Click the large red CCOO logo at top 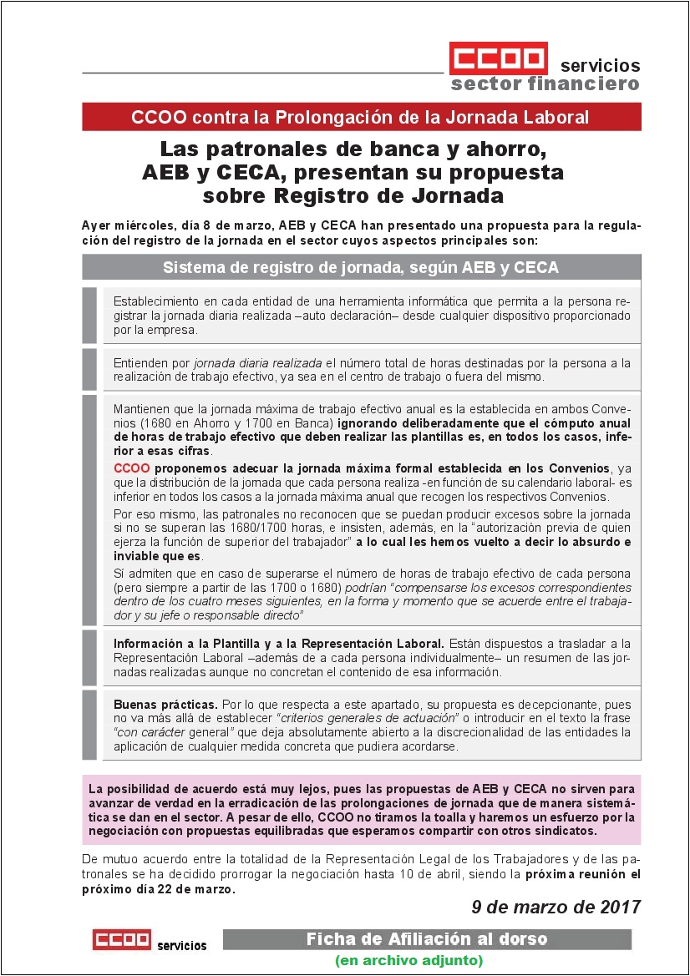(498, 58)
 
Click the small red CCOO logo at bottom (121, 939)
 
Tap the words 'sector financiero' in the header (545, 83)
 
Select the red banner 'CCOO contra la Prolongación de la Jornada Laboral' (361, 117)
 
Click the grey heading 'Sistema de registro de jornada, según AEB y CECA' (361, 267)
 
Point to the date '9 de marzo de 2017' (556, 907)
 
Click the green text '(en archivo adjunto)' (408, 961)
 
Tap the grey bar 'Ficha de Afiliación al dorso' (427, 939)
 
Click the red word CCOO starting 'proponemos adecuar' (131, 468)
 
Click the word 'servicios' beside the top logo (600, 65)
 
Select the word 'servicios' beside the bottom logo (181, 945)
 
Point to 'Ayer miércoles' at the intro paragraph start (124, 226)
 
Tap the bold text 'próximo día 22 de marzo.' (158, 889)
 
